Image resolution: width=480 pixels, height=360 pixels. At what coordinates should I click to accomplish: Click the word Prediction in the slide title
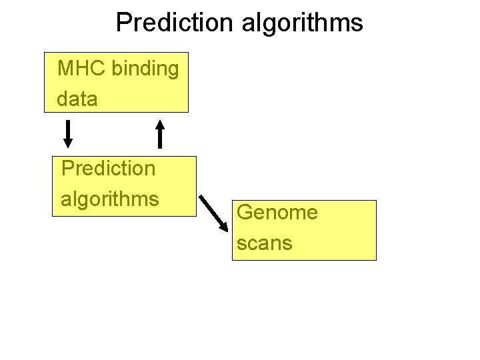tap(171, 22)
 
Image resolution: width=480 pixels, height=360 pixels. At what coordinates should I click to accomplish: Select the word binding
tap(145, 69)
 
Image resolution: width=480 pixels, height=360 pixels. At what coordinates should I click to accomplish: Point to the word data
tap(77, 99)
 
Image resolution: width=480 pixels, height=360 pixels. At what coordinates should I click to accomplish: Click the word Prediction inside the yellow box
tap(108, 168)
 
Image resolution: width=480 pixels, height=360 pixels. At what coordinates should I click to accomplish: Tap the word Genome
tap(277, 213)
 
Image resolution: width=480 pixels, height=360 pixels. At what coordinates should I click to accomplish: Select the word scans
tap(264, 243)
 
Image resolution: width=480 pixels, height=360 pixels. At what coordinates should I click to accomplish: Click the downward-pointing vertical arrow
tap(67, 133)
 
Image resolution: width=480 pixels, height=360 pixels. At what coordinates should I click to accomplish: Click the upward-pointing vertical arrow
tap(159, 133)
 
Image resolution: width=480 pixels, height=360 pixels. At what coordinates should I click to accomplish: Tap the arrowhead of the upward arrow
tap(159, 125)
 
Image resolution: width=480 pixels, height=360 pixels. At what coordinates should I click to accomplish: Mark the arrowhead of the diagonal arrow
tap(225, 224)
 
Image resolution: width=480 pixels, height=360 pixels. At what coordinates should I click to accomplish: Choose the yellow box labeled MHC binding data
tap(116, 82)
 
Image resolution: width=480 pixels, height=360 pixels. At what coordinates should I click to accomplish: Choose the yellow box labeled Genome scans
tap(304, 229)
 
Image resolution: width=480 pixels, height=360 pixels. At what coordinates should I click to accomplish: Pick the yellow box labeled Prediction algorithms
tap(125, 186)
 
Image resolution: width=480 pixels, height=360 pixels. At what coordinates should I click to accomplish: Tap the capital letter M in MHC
tap(65, 69)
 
